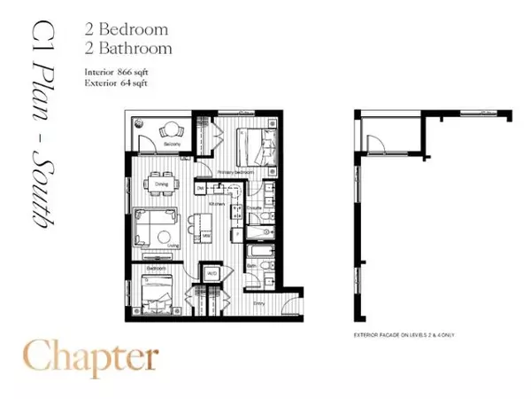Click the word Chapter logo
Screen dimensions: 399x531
click(92, 357)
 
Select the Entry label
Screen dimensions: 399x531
click(259, 303)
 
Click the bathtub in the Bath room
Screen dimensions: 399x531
click(258, 235)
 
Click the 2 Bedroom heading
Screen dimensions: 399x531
click(134, 30)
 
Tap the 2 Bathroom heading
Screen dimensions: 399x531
click(136, 48)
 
